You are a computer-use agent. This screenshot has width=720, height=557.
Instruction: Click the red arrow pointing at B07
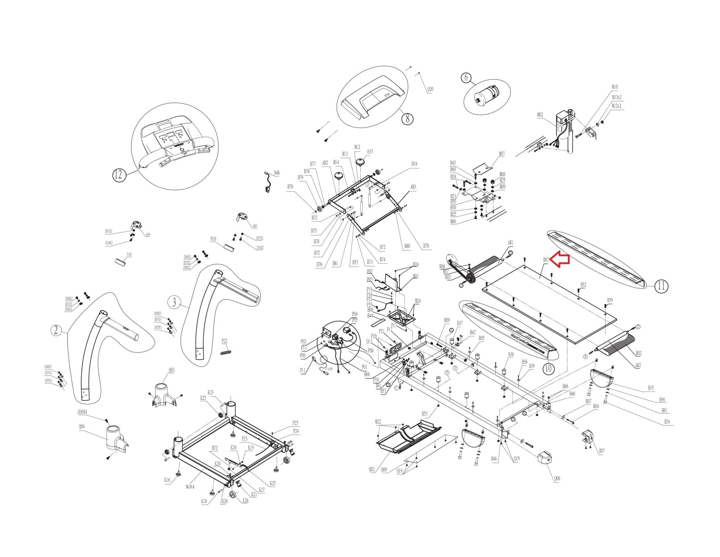(x=560, y=259)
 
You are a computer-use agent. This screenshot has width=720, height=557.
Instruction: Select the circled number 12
(x=119, y=175)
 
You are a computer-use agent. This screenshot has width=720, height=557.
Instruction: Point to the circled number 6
(x=466, y=77)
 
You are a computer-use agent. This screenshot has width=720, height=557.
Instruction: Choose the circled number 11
(x=661, y=286)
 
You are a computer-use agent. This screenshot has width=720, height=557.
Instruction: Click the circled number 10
(x=548, y=369)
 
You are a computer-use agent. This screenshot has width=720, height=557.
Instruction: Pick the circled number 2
(x=56, y=330)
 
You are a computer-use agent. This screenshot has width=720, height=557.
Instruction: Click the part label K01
(x=190, y=487)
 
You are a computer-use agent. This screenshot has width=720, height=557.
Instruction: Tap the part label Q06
(x=557, y=479)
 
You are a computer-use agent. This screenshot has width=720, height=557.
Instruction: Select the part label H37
(x=370, y=152)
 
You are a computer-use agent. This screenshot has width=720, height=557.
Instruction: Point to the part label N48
(x=277, y=173)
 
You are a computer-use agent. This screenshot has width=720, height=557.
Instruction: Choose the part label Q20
(x=430, y=89)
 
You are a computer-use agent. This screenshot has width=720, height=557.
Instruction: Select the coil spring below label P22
(x=226, y=352)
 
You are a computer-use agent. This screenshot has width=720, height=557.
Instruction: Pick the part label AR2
(x=638, y=365)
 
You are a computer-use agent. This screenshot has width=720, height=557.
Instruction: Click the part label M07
(x=502, y=154)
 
